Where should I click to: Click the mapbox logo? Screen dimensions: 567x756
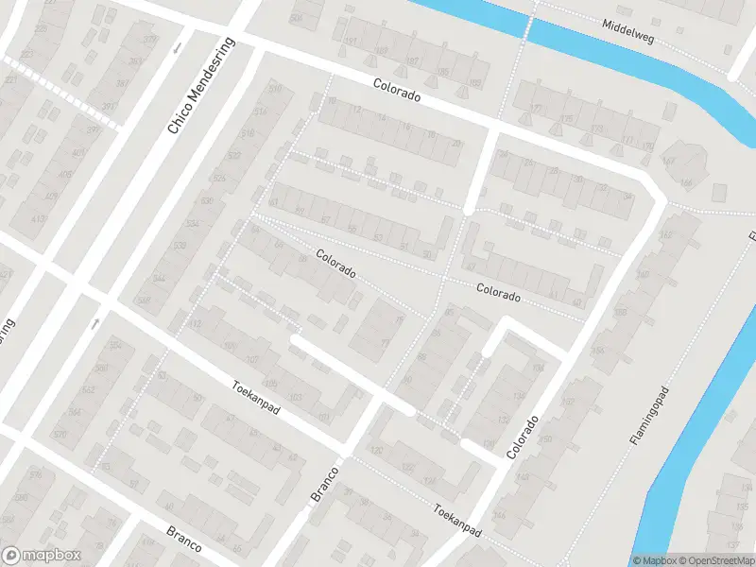[x=42, y=556]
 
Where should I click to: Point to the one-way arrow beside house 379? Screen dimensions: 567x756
[x=177, y=48]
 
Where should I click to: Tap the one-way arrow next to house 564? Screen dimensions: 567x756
[x=94, y=324]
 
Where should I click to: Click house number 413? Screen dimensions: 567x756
[x=39, y=219]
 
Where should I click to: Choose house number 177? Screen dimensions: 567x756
[x=536, y=109]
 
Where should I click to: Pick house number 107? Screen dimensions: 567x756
[x=252, y=360]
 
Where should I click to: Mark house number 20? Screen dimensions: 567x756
[x=457, y=144]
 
